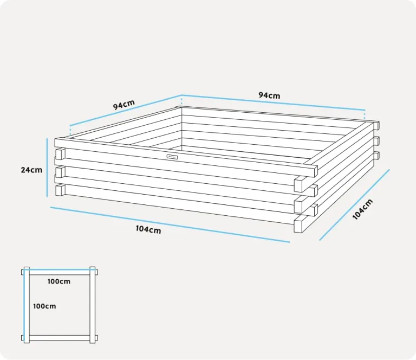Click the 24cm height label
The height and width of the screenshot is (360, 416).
point(31,170)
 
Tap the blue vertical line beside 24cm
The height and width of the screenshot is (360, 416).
point(47,168)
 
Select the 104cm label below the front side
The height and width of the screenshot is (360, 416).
point(148,229)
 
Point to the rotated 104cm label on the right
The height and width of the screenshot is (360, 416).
point(363,209)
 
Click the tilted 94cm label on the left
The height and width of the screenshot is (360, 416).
point(124,104)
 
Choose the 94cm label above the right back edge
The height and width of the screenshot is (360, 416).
point(269,95)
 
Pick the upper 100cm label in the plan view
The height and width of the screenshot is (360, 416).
point(59,281)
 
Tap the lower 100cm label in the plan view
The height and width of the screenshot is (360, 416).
point(44,306)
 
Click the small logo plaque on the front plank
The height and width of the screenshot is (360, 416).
point(172,157)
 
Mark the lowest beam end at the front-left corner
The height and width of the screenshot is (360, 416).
point(61,190)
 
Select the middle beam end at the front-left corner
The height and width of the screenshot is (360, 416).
point(61,172)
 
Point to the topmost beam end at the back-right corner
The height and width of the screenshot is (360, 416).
point(377,125)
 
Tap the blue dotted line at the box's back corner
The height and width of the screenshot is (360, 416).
point(181,101)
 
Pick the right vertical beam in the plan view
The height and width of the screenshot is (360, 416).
point(92,305)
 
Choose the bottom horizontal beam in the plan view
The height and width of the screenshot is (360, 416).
point(60,338)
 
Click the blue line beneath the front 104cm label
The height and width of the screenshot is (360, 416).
point(170,224)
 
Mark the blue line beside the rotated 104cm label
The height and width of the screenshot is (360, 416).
point(354,205)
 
